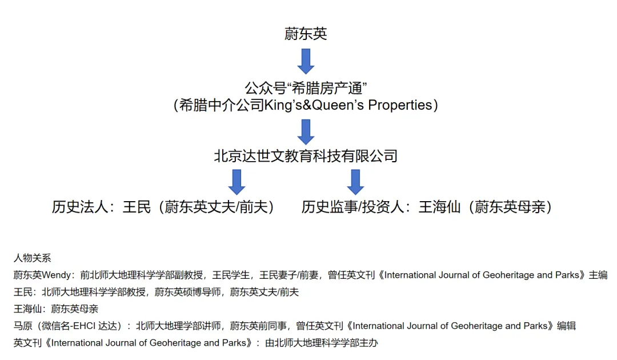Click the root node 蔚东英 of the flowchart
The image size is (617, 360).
point(306,34)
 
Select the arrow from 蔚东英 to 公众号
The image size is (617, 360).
point(306,61)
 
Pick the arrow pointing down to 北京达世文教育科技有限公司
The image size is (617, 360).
point(306,131)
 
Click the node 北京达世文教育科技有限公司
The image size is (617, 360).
point(306,155)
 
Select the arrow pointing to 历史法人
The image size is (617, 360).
point(237,181)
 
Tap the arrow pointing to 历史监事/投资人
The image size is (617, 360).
point(356,181)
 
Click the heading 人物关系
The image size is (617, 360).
point(33,258)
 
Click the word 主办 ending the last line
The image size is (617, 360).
point(369,343)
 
